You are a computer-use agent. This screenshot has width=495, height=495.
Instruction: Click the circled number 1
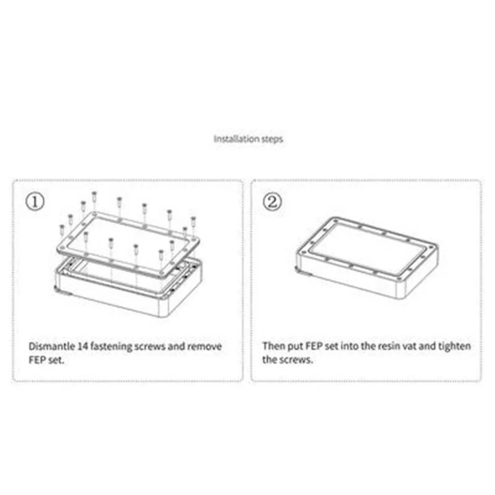point(35,202)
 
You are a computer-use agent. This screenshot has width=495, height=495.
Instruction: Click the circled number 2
point(272,202)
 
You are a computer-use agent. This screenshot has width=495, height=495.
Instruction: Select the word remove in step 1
point(204,346)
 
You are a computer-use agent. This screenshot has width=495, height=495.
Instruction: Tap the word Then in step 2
point(274,346)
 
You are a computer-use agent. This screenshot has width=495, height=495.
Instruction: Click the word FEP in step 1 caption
point(37,360)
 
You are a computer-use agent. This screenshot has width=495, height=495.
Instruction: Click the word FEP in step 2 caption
point(314,346)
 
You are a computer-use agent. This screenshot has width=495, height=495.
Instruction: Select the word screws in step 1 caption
point(150,347)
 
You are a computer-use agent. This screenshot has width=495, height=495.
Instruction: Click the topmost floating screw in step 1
point(94,197)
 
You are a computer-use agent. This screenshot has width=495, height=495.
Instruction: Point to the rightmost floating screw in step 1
point(193,222)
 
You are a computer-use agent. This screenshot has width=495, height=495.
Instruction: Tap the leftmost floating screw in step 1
point(62,230)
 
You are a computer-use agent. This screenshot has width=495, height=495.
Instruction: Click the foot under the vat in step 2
point(299,269)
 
